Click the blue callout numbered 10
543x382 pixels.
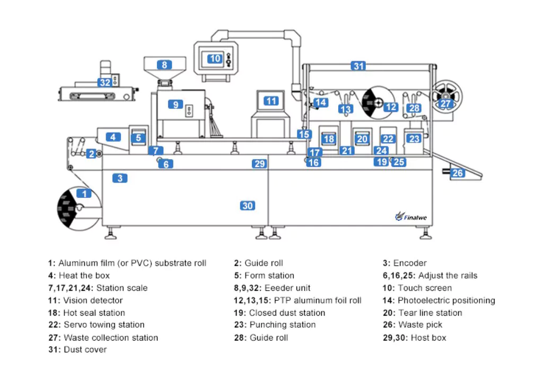tap(214, 58)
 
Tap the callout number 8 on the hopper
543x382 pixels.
tap(164, 65)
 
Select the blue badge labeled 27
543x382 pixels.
tap(445, 103)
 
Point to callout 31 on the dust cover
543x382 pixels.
tap(359, 66)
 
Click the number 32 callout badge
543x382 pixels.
tap(104, 82)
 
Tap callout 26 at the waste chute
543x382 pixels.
tap(457, 172)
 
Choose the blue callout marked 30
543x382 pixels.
tap(248, 205)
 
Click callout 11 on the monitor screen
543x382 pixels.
tap(271, 100)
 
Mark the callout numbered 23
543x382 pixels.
tap(414, 139)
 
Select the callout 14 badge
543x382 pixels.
tap(320, 102)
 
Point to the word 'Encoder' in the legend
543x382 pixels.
tap(410, 263)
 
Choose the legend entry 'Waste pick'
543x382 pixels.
tap(421, 325)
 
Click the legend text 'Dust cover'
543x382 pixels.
tap(85, 350)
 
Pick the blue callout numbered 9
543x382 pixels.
tap(176, 105)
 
